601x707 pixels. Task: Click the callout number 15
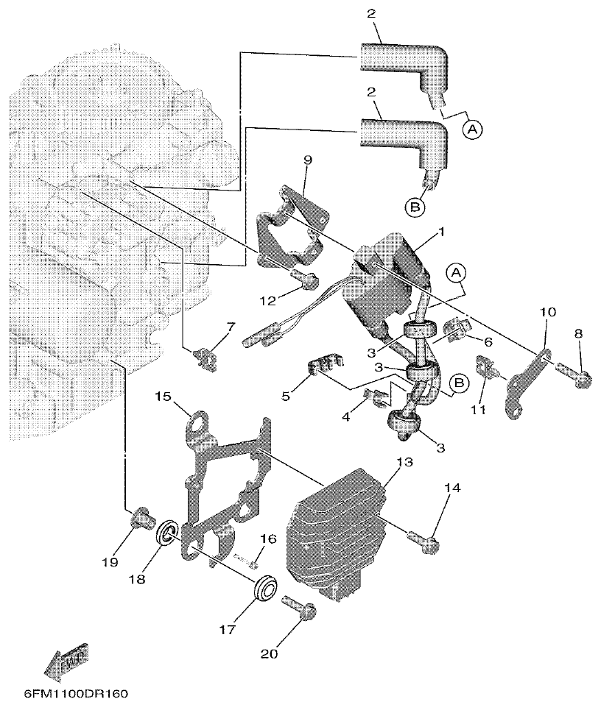163,397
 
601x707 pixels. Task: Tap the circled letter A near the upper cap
473,129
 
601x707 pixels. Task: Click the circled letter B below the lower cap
415,208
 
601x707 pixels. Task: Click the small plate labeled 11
486,366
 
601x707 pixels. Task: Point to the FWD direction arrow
63,661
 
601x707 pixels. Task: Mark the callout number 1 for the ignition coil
440,232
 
